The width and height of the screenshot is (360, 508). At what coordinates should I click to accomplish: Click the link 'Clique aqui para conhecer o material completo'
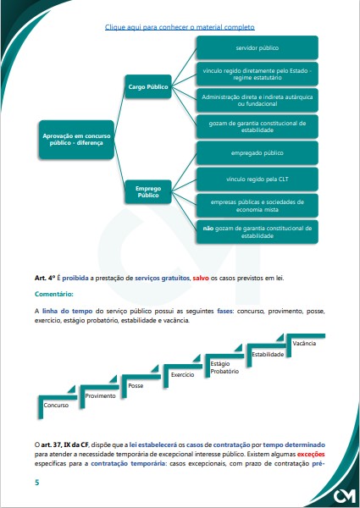pos(179,27)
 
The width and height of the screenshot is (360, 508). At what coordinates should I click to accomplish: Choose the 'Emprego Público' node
pos(148,190)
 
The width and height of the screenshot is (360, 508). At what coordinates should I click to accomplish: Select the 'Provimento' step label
pos(100,395)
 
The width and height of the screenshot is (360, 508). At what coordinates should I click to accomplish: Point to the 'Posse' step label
pos(136,385)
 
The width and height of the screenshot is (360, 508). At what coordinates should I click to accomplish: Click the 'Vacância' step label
pos(304,343)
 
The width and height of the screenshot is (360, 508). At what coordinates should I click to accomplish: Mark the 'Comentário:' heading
pos(54,293)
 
